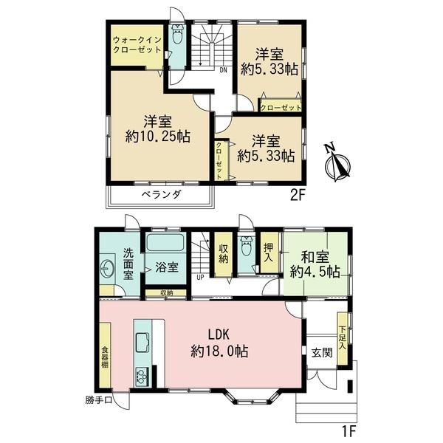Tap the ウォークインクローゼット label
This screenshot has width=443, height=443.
137,45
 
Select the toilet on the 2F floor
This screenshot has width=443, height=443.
177,34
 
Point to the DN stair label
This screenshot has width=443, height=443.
223,71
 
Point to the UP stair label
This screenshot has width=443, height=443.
200,278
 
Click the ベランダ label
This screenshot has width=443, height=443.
161,194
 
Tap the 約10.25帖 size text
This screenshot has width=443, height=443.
158,137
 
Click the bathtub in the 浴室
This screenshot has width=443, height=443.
165,243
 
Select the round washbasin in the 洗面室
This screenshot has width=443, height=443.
108,268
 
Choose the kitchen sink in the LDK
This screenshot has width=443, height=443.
143,343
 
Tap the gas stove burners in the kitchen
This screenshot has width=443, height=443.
142,377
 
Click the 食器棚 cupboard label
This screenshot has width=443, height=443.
105,357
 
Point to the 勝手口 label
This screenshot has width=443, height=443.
99,400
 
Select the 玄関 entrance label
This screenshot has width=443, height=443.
322,353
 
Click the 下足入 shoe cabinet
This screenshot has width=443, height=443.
342,338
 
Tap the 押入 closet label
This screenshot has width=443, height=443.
269,253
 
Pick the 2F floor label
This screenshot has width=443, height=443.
298,196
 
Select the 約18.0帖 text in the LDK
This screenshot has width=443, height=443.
219,351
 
